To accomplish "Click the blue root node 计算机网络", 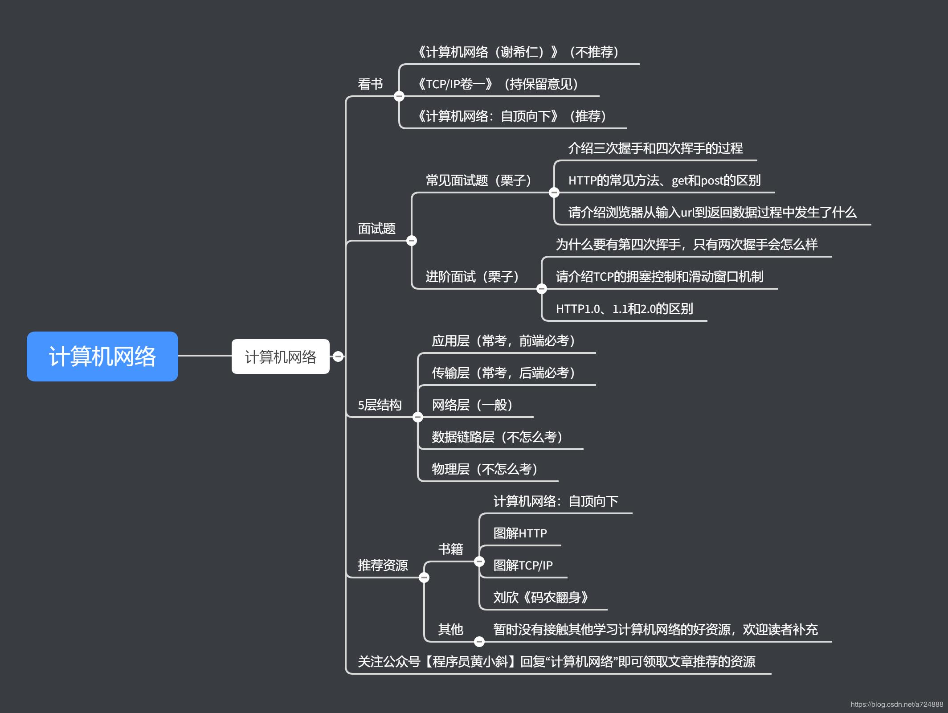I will tap(102, 356).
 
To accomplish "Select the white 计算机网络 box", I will tap(280, 356).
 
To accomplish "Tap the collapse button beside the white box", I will tap(338, 356).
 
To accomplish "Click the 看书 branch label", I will tap(370, 84).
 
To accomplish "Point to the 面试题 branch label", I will tap(376, 229).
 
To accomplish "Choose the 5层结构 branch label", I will tap(380, 405).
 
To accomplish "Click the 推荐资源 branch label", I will tap(383, 565).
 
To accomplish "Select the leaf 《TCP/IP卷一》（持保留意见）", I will tap(498, 84).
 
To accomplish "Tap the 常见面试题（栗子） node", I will tap(478, 180).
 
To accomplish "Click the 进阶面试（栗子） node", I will tap(472, 277).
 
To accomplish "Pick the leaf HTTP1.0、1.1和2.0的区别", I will tap(624, 309).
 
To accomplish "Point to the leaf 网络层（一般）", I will tap(472, 405).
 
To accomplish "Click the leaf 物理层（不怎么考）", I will tap(485, 469).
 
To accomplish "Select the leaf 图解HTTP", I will tap(520, 533).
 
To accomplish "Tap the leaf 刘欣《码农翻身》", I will tap(541, 598).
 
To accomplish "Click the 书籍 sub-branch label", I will tap(450, 549).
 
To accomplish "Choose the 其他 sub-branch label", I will tap(450, 630).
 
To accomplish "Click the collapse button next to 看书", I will tap(399, 96).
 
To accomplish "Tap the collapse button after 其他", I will tap(479, 642).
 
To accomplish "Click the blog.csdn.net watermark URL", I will tap(896, 705).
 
